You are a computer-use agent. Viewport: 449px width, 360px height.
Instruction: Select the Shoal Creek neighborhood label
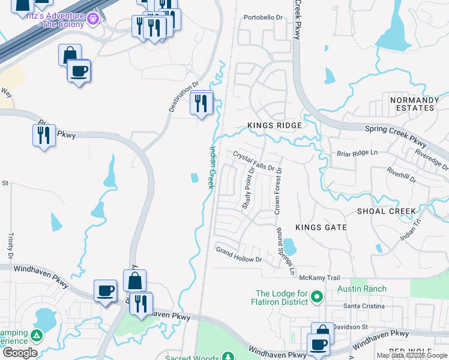386,211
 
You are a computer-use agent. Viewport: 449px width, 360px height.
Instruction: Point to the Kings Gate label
321,227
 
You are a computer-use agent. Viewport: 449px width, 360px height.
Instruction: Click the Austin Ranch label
363,289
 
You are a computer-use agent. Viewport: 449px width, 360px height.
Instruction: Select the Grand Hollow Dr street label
240,255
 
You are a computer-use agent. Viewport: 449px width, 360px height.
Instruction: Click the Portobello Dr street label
263,17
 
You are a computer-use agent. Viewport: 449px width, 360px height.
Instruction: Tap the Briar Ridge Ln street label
357,153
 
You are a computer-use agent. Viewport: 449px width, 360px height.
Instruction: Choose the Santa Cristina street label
363,306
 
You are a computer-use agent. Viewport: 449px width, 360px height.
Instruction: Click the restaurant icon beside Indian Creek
202,103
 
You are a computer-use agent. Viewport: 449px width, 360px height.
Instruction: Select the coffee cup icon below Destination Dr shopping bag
79,71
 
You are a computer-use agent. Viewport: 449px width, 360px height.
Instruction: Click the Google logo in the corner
20,353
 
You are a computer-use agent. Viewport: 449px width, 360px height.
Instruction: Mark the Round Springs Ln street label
286,251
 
